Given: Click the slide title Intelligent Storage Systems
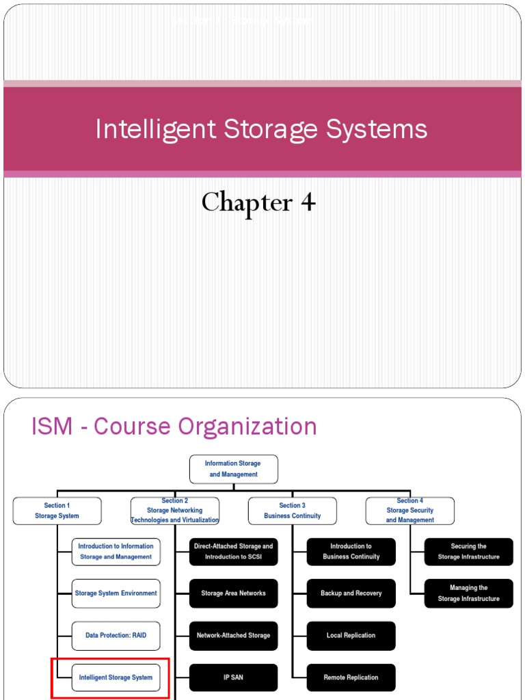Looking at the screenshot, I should [262, 129].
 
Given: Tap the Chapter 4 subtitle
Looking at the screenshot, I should [258, 202].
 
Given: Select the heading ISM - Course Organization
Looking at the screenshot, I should [174, 427].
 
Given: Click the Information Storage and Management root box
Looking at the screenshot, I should [233, 469].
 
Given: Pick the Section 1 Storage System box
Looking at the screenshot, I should [57, 511].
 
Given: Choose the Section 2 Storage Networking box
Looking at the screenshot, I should [175, 511].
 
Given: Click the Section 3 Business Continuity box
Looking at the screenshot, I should [293, 511].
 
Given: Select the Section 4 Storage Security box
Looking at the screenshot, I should [410, 511].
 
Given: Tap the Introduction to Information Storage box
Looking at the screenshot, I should [116, 552].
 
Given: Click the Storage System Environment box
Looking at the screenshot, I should [116, 593].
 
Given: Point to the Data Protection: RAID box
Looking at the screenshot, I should [116, 635].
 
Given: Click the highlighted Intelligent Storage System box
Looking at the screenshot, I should [116, 677].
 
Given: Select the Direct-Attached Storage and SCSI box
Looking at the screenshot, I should [234, 552].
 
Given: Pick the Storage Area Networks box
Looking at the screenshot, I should [234, 593].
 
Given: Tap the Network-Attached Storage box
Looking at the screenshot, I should [234, 635].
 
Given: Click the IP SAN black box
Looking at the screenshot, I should [234, 677].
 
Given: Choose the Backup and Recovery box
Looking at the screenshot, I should [351, 593].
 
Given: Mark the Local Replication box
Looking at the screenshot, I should [351, 635].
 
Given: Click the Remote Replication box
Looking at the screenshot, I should [351, 677].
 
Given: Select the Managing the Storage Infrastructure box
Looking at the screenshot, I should [469, 593].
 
